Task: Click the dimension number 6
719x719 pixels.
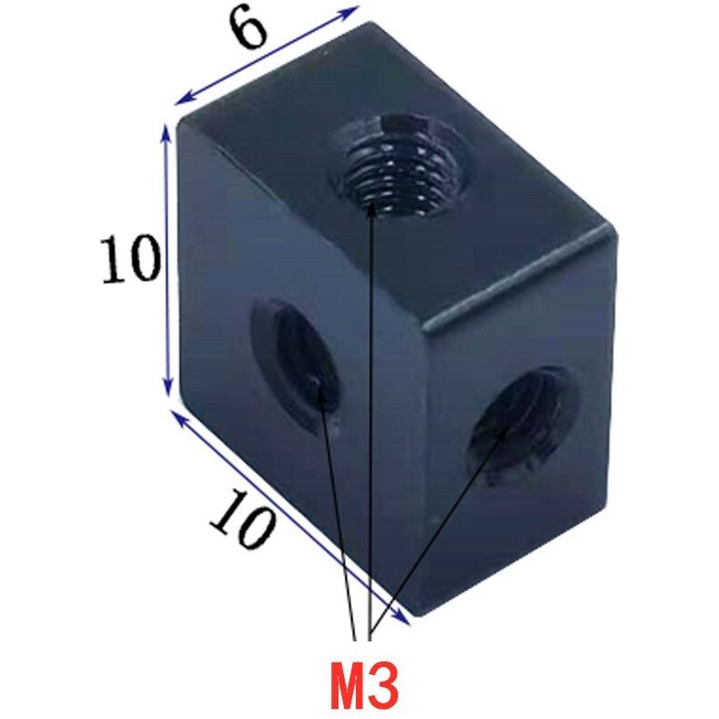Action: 246,32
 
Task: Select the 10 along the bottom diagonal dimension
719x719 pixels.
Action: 243,518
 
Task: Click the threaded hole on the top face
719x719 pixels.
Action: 397,165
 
